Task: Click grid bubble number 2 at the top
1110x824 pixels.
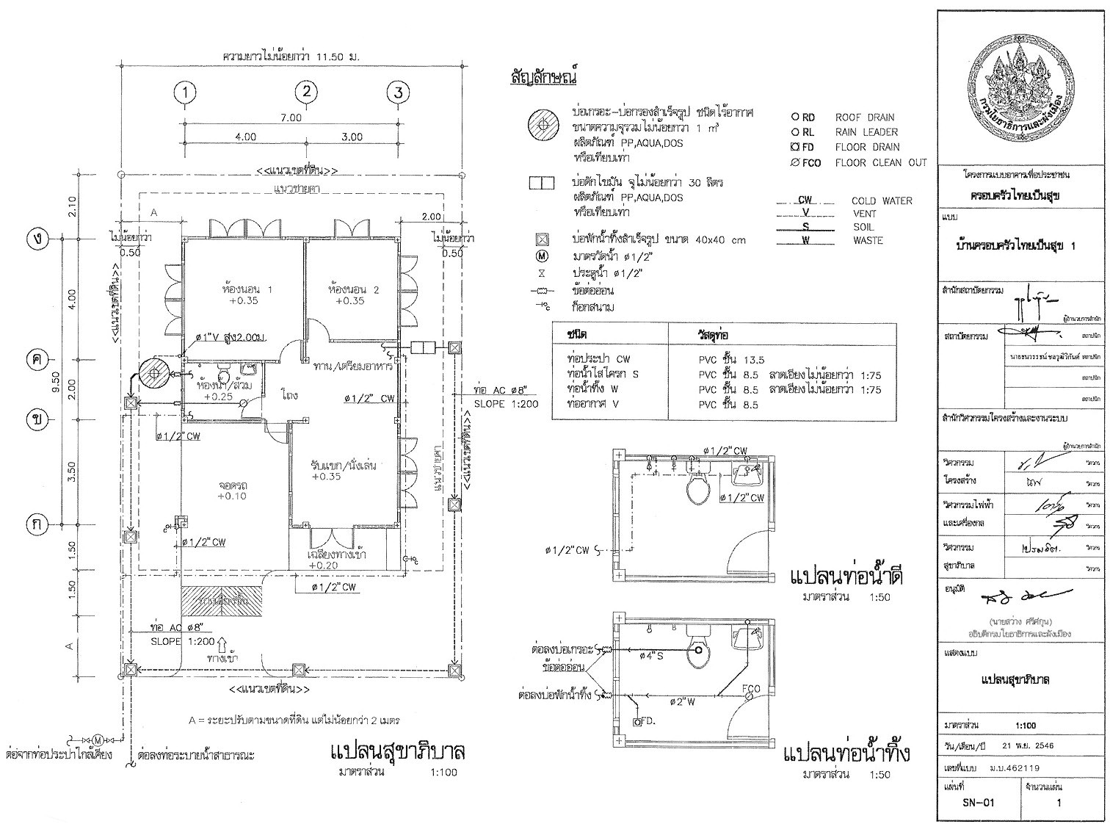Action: [x=307, y=92]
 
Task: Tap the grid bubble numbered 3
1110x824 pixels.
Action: [x=398, y=93]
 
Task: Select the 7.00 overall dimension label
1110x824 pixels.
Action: [x=291, y=118]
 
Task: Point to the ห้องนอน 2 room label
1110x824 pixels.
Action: [x=353, y=294]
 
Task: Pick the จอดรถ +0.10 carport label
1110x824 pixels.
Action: [x=232, y=491]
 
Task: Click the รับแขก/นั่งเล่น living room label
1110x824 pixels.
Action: [x=338, y=471]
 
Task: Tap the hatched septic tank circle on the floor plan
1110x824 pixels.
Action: [x=153, y=374]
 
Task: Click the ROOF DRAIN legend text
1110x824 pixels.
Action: [x=864, y=118]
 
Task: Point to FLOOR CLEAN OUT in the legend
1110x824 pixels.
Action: [x=880, y=163]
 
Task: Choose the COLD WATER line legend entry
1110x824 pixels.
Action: [x=881, y=200]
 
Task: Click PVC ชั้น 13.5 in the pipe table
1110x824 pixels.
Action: [x=731, y=360]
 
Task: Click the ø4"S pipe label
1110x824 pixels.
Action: [x=651, y=656]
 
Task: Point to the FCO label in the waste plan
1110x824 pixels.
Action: [x=751, y=690]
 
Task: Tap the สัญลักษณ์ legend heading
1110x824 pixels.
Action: [x=544, y=77]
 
